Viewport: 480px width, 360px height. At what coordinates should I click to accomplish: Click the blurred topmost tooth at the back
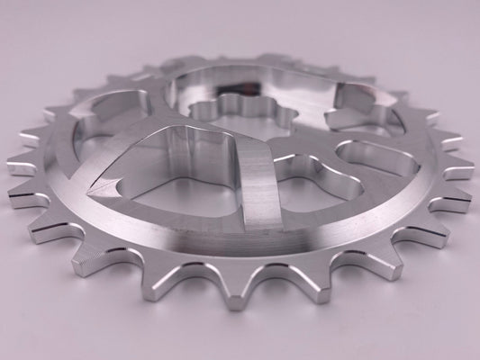tap(261, 56)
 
